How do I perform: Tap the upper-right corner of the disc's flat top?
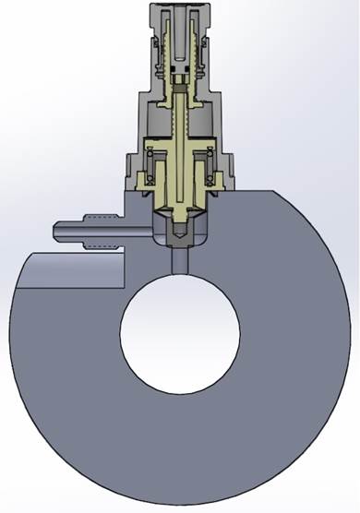tap(275, 192)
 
